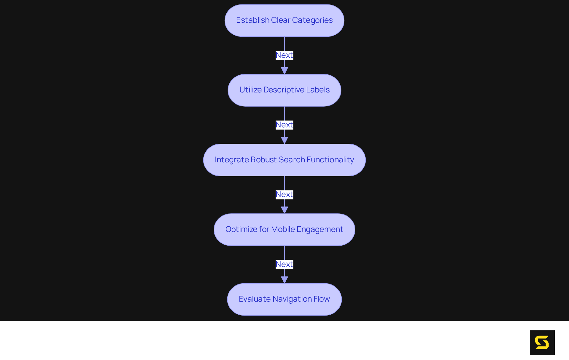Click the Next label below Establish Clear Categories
pyautogui.click(x=284, y=55)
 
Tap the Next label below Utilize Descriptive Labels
pyautogui.click(x=284, y=125)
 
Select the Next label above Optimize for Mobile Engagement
pyautogui.click(x=284, y=194)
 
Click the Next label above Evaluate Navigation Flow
pyautogui.click(x=284, y=264)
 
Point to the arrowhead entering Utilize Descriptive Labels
pyautogui.click(x=284, y=71)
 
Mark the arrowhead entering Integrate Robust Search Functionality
pyautogui.click(x=284, y=140)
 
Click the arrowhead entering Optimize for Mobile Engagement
pyautogui.click(x=284, y=210)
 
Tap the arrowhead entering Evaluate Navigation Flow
pyautogui.click(x=284, y=279)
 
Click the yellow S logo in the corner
pyautogui.click(x=542, y=343)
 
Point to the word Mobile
pyautogui.click(x=283, y=229)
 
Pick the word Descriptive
pyautogui.click(x=284, y=90)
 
